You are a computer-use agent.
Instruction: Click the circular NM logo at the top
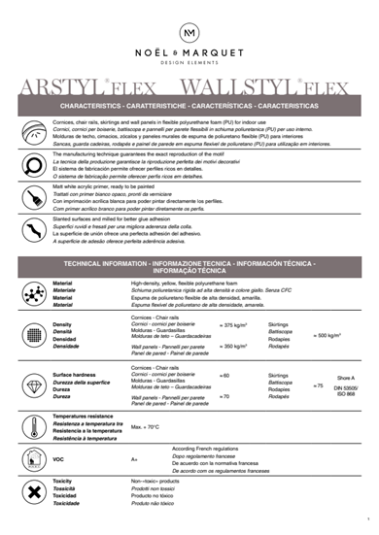[189, 34]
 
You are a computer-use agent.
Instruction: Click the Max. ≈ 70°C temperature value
[146, 426]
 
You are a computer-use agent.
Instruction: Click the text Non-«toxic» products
[155, 481]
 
